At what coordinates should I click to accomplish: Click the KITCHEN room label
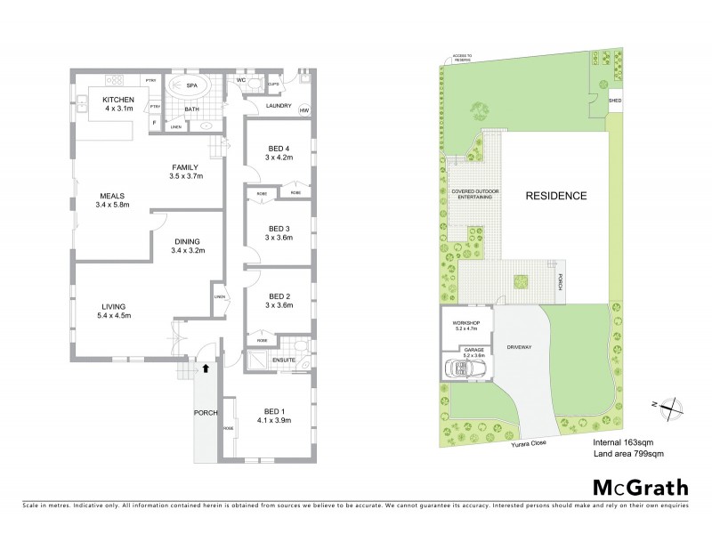click(119, 99)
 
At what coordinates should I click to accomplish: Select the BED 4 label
click(279, 149)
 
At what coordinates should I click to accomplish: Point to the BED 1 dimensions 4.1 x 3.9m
click(274, 420)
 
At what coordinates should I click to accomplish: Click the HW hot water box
click(303, 110)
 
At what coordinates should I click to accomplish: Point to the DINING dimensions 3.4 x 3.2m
click(188, 251)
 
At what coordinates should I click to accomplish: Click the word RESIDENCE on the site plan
click(554, 196)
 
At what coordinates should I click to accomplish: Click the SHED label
click(614, 101)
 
